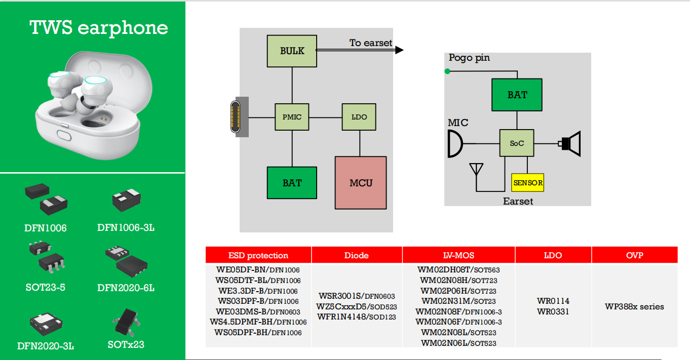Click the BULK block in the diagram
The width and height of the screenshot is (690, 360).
(x=292, y=51)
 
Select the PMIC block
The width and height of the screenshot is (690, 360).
(x=292, y=117)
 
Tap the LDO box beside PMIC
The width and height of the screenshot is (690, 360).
(x=359, y=117)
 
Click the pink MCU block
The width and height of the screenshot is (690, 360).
(x=361, y=182)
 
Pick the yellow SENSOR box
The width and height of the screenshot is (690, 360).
(x=528, y=182)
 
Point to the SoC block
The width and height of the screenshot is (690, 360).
(x=517, y=143)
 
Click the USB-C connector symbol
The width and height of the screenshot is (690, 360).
(x=236, y=117)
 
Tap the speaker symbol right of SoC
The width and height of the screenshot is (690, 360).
(x=570, y=144)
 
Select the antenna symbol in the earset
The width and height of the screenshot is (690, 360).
(x=476, y=169)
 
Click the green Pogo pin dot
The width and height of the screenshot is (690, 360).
(x=447, y=71)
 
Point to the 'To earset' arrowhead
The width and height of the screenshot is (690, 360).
(x=399, y=50)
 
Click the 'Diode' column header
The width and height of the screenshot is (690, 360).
(x=357, y=255)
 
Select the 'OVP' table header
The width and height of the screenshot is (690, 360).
(x=634, y=255)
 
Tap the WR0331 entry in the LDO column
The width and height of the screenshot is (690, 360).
(x=553, y=311)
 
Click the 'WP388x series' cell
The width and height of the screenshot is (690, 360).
(x=634, y=306)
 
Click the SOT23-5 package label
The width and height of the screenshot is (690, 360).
(x=46, y=288)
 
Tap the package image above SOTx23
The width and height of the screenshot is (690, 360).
(x=126, y=323)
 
